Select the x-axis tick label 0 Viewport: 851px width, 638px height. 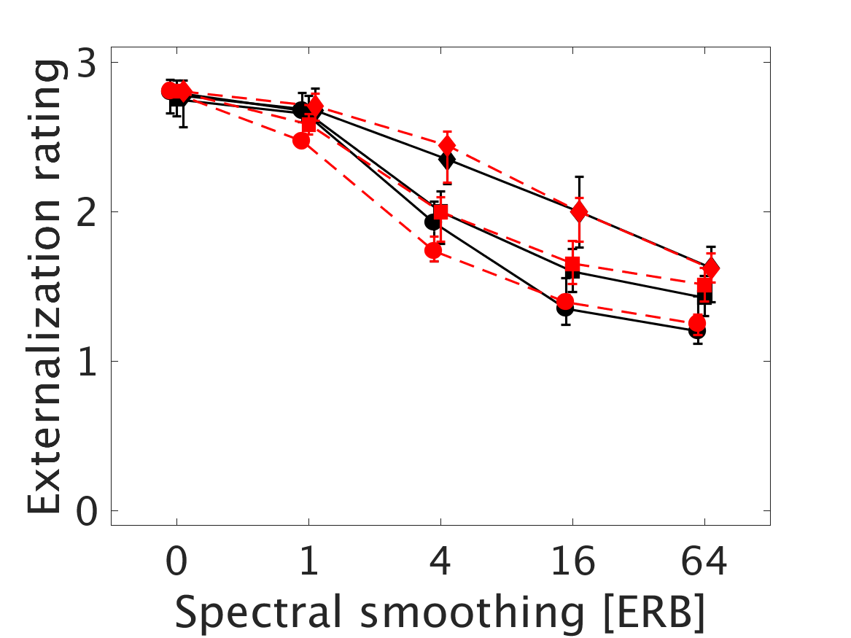coord(176,563)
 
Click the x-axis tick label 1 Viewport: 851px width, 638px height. coord(308,563)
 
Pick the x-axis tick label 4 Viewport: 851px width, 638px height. coord(440,563)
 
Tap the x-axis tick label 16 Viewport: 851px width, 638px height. coord(572,563)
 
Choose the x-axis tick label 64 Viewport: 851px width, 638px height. coord(704,563)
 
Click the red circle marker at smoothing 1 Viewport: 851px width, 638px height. coord(302,141)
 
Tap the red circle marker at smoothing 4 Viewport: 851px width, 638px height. coord(434,251)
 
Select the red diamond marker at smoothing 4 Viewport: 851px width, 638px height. coord(448,145)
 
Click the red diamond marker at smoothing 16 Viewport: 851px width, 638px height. coord(580,212)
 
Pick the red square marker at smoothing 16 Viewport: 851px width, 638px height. coord(572,264)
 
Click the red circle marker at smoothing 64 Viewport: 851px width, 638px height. coord(698,323)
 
